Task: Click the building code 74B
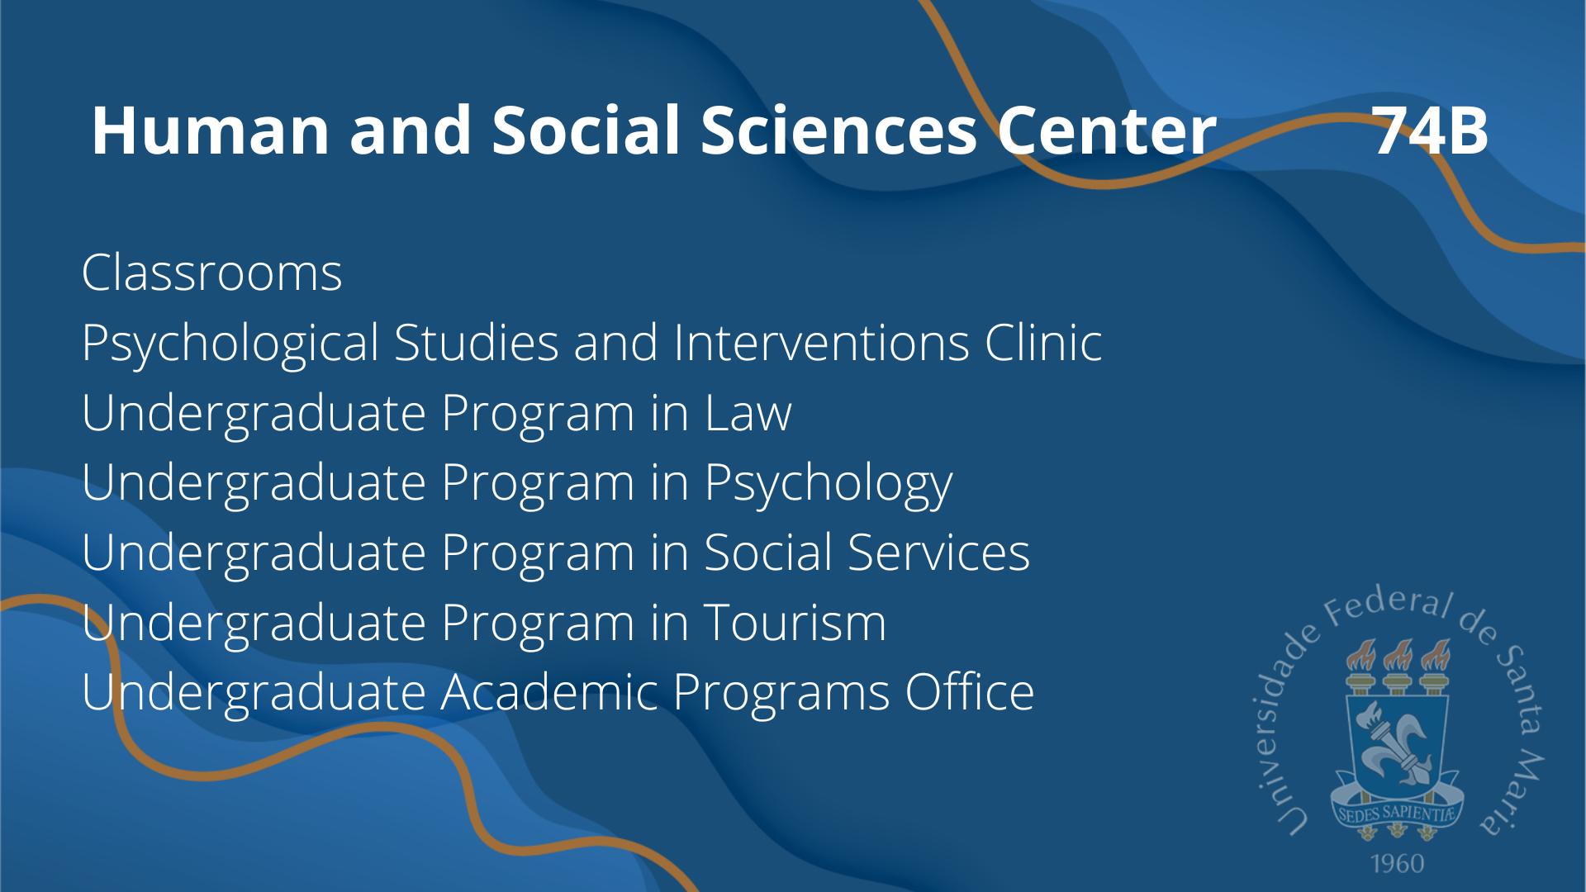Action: (1431, 130)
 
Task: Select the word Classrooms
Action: (212, 273)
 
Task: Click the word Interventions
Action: (821, 342)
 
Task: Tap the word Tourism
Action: (795, 622)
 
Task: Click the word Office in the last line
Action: (970, 692)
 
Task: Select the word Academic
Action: (548, 692)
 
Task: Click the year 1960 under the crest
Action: (1398, 863)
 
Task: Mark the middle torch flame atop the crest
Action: (1397, 656)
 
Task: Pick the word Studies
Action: (477, 342)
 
